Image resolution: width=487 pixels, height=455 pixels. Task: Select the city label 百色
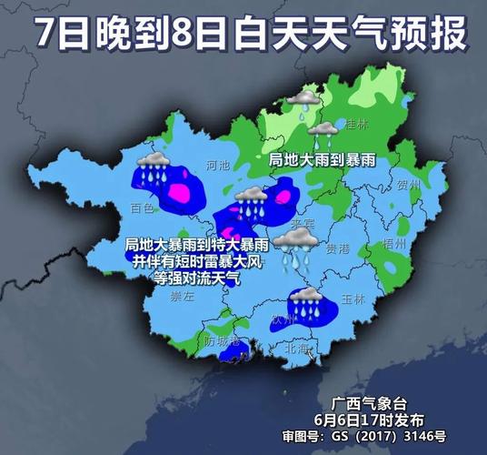pos(141,208)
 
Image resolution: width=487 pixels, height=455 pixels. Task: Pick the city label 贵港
pos(337,247)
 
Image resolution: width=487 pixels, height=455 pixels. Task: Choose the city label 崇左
pos(183,297)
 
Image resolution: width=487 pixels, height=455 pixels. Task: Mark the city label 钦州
pos(283,319)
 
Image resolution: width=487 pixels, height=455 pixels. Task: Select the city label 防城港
pos(221,341)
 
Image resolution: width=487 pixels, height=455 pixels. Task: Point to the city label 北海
pos(297,347)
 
